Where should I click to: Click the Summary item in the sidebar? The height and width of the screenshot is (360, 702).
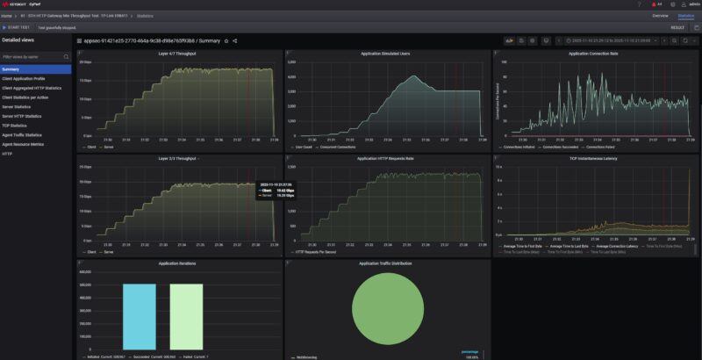pyautogui.click(x=11, y=69)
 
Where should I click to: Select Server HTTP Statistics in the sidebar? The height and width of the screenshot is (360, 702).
pyautogui.click(x=22, y=116)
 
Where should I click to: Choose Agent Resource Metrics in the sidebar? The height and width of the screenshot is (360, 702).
pyautogui.click(x=24, y=144)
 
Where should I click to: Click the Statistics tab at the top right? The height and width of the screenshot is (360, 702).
pyautogui.click(x=685, y=16)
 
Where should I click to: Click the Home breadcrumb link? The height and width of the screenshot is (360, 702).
pyautogui.click(x=6, y=16)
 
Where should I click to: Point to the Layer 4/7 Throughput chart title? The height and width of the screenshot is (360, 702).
pyautogui.click(x=176, y=54)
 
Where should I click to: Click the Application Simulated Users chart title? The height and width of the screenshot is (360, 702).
pyautogui.click(x=385, y=54)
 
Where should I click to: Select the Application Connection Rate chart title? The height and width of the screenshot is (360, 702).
pyautogui.click(x=593, y=54)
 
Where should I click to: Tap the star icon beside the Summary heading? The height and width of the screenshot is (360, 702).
pyautogui.click(x=226, y=40)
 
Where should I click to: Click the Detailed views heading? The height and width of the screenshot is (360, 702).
pyautogui.click(x=18, y=40)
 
